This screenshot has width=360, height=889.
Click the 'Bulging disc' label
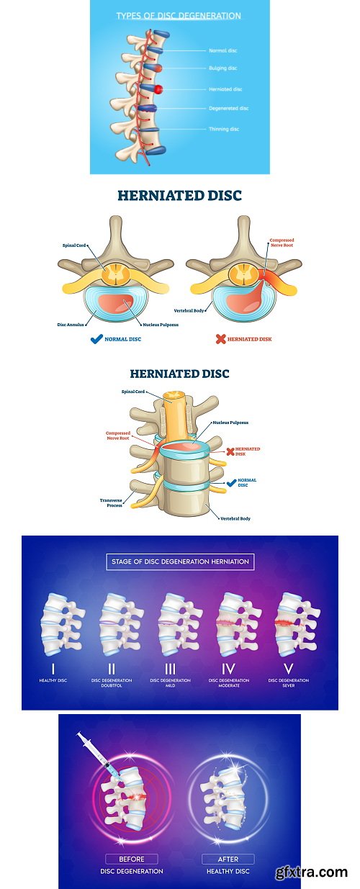[x=222, y=68]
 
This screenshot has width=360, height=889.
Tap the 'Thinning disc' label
[x=224, y=128]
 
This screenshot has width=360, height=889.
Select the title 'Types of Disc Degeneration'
[x=179, y=15]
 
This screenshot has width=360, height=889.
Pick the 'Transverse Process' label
[x=110, y=502]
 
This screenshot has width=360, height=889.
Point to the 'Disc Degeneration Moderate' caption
[x=229, y=682]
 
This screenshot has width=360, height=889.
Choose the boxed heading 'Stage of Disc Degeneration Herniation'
[x=180, y=561]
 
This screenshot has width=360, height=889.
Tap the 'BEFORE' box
[x=132, y=859]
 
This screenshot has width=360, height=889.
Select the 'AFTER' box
[x=228, y=859]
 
